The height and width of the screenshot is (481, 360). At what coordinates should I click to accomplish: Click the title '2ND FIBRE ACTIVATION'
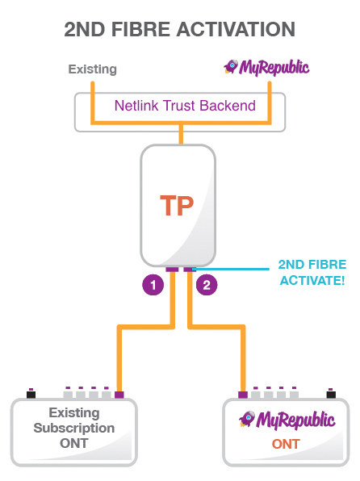[179, 30]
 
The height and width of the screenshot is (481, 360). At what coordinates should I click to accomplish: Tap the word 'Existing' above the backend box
[92, 69]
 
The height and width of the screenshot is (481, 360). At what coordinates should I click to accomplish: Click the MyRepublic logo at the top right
[267, 68]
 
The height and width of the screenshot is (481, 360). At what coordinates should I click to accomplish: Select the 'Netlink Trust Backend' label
[185, 105]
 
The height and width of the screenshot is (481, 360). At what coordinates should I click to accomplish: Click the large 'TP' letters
[177, 207]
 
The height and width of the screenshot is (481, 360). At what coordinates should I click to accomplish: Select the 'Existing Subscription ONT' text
[74, 429]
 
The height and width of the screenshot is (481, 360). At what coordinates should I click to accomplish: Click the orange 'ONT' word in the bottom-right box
[286, 445]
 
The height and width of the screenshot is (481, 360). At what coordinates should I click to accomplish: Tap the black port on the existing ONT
[31, 394]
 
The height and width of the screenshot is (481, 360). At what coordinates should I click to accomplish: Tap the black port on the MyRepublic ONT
[330, 394]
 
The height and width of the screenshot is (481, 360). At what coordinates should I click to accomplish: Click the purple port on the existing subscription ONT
[119, 395]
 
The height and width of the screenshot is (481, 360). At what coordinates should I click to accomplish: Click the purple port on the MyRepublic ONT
[242, 395]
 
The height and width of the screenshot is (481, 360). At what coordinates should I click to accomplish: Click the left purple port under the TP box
[171, 269]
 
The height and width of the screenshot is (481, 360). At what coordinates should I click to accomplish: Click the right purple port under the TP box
[188, 269]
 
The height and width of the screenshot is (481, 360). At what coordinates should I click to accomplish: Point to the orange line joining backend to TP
[180, 137]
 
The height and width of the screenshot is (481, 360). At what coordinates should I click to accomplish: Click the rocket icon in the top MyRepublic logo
[230, 66]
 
